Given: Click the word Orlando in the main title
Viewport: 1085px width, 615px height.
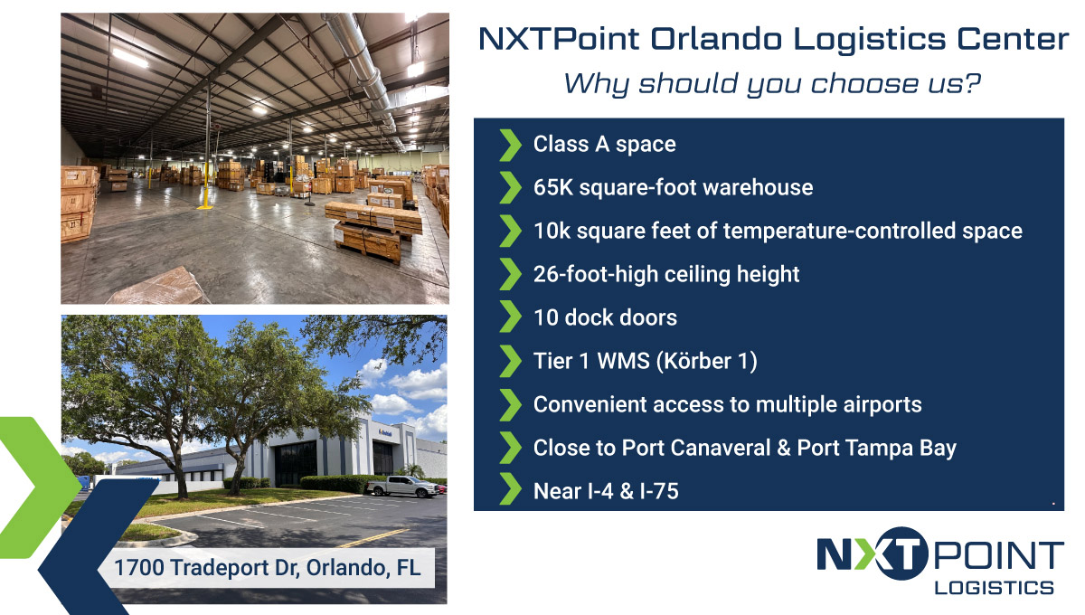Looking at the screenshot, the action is tap(716, 39).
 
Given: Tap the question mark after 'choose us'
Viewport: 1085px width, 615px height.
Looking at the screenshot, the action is tap(972, 83).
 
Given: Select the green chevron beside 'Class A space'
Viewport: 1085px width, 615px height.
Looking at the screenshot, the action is tap(510, 145).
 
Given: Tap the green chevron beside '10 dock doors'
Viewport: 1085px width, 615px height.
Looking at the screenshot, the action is tap(510, 317).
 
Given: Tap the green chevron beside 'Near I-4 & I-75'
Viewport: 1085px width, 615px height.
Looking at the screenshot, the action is tap(510, 489).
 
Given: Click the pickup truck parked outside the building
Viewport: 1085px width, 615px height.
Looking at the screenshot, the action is tap(403, 486).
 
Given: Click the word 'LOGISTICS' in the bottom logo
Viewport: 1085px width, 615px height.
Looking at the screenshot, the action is tap(994, 588).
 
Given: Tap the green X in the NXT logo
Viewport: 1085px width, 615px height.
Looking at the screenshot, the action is tap(871, 554).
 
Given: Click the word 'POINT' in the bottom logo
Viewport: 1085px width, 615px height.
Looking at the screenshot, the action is tap(998, 555).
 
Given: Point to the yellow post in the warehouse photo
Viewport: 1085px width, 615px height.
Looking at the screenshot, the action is tap(206, 185).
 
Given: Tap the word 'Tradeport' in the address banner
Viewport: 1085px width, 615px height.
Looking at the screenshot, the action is tap(220, 568).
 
